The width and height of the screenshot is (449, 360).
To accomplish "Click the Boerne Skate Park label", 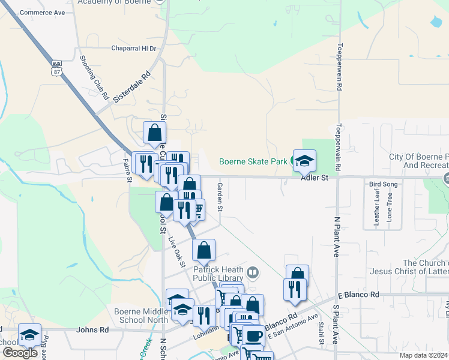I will click(x=253, y=161).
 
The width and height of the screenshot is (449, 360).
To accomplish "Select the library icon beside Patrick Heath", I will click(x=253, y=274).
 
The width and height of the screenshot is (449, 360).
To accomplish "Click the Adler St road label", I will click(x=315, y=178).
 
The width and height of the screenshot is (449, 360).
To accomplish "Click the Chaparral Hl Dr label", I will click(x=133, y=49).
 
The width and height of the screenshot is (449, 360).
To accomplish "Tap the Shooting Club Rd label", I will click(x=94, y=77).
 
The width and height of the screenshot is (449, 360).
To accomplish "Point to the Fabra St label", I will click(x=127, y=169).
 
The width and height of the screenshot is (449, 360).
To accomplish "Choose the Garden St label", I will click(x=220, y=197).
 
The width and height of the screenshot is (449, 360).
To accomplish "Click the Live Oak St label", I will click(x=177, y=251).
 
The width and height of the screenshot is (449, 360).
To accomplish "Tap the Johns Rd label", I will click(x=92, y=329).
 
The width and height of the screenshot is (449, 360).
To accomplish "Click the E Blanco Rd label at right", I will click(x=358, y=295).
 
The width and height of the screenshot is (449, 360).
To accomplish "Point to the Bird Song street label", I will click(x=383, y=184).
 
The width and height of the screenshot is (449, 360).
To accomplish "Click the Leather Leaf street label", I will click(x=377, y=208).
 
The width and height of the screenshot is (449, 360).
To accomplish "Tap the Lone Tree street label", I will click(x=390, y=208).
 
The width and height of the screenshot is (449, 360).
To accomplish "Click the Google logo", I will click(x=20, y=353).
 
